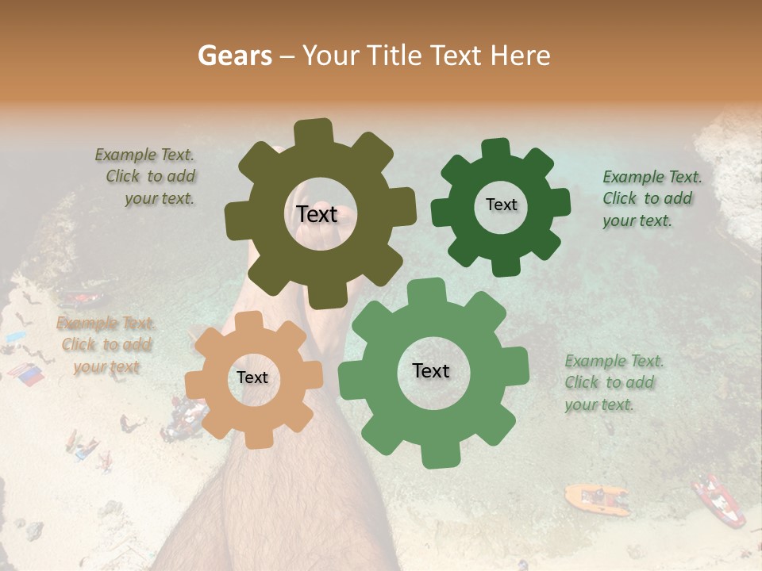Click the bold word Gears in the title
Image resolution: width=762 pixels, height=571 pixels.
click(235, 56)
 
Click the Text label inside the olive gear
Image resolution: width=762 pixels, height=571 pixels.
click(317, 214)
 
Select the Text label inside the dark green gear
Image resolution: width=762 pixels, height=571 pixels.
click(501, 205)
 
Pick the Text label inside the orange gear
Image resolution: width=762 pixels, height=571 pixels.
click(252, 377)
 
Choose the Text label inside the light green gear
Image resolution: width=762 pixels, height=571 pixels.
click(431, 370)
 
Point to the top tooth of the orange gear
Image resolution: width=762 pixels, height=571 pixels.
click(250, 321)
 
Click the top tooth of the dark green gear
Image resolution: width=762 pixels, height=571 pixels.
click(496, 149)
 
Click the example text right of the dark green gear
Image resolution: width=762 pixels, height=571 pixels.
click(651, 199)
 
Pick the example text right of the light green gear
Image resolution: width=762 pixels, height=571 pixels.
click(613, 383)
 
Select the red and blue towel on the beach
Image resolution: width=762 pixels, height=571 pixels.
click(26, 374)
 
